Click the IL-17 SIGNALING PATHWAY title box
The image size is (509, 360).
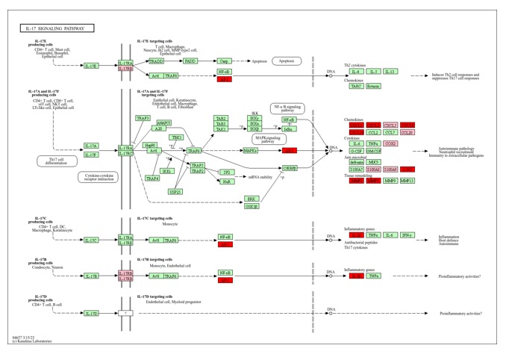coord(57,28)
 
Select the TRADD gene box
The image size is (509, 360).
coord(156,62)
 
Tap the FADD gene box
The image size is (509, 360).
coord(190,62)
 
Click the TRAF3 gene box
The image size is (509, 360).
coord(143,118)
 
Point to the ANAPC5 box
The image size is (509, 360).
coord(163,123)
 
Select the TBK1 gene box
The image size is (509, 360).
coord(177,137)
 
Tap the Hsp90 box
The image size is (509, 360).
coord(150,144)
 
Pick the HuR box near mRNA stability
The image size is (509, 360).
coord(225,181)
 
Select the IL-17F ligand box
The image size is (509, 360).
coord(90,155)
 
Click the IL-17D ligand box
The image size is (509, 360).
coord(90,313)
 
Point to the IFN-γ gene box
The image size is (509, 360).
coord(407,235)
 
